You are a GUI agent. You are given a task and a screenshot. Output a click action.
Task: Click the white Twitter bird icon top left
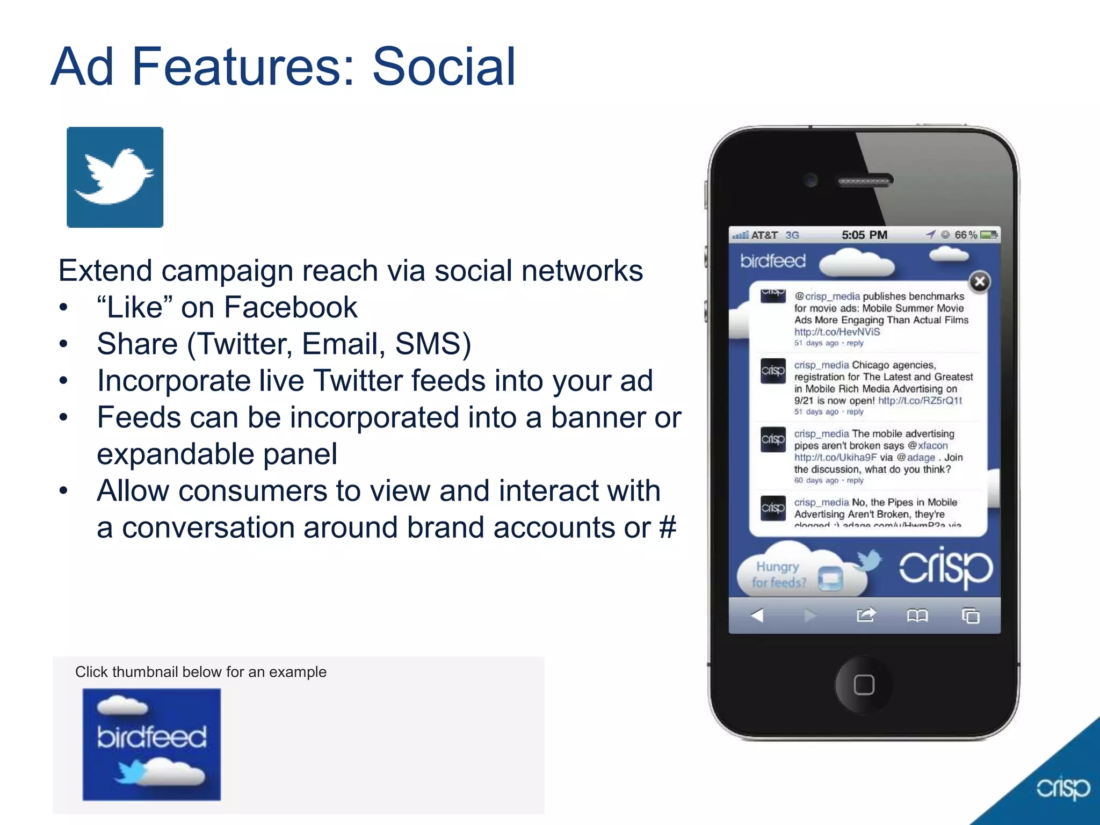point(114,177)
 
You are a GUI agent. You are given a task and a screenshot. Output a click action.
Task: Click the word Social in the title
point(444,67)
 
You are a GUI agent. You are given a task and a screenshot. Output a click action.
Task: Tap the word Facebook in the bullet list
point(290,308)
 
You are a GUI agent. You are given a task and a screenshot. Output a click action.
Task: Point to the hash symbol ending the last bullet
point(668,527)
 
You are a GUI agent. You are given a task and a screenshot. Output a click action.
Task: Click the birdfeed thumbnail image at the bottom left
point(151,744)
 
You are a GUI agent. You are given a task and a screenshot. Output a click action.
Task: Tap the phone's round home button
point(864,685)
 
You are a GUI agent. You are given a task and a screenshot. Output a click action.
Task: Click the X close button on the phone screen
point(980,281)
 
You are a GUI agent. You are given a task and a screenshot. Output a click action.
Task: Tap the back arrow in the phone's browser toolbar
point(757,615)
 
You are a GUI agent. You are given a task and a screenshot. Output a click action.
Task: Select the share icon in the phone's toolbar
point(866,615)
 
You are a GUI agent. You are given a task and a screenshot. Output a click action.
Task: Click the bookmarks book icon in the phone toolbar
point(917,615)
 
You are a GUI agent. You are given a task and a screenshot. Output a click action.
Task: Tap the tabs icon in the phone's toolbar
point(971,616)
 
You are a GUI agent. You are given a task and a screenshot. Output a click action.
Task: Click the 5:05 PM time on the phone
point(864,235)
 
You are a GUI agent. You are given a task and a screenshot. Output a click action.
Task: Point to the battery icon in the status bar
point(988,235)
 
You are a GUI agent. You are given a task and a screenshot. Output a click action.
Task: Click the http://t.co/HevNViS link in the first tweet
point(837,332)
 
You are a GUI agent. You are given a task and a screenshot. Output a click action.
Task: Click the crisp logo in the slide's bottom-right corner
point(1062,788)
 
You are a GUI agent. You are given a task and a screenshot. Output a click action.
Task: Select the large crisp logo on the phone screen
point(946,568)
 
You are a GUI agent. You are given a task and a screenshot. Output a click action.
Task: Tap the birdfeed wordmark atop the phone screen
point(773,261)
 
